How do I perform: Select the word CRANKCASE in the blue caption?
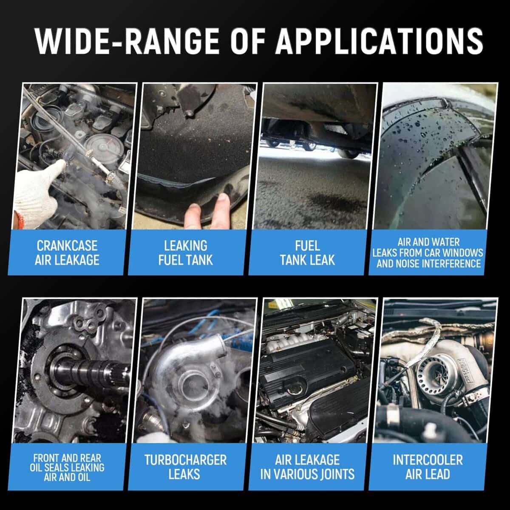pos(67,246)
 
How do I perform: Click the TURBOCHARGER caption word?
pos(186,460)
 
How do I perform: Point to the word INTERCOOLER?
pos(428,460)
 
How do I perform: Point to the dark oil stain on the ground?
pos(336,201)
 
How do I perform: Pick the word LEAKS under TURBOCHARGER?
pos(184,474)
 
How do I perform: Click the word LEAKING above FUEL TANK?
pos(186,246)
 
